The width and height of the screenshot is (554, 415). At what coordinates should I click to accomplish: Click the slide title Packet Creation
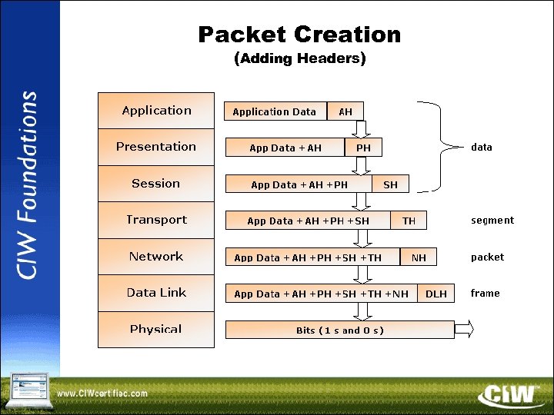299,35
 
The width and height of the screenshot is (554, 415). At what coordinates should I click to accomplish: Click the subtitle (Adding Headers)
299,58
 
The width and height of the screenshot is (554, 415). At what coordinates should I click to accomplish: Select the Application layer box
156,111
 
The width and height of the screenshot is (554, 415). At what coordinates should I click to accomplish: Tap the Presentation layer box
156,147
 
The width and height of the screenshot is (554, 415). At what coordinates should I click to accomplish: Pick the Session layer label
156,184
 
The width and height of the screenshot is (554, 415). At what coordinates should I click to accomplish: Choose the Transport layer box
156,220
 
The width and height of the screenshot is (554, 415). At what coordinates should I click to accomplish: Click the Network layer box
156,257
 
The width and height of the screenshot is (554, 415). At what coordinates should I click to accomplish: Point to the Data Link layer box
156,293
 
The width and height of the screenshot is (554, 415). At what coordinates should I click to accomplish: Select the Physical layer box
156,329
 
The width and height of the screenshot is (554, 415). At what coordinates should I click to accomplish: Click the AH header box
345,111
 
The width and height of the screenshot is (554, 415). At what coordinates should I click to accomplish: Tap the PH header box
363,148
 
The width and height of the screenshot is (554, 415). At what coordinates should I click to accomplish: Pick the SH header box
391,184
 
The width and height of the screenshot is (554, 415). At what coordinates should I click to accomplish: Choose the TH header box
409,221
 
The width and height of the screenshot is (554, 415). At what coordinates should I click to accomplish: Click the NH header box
419,257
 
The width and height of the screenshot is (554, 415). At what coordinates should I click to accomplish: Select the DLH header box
436,294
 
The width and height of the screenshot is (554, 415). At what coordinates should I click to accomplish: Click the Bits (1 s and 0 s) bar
339,330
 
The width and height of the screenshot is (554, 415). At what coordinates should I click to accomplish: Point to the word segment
492,221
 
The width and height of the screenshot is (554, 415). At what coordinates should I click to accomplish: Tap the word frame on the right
485,294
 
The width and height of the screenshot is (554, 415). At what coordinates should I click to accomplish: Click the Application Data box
275,111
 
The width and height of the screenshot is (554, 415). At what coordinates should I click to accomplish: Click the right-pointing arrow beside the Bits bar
465,330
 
